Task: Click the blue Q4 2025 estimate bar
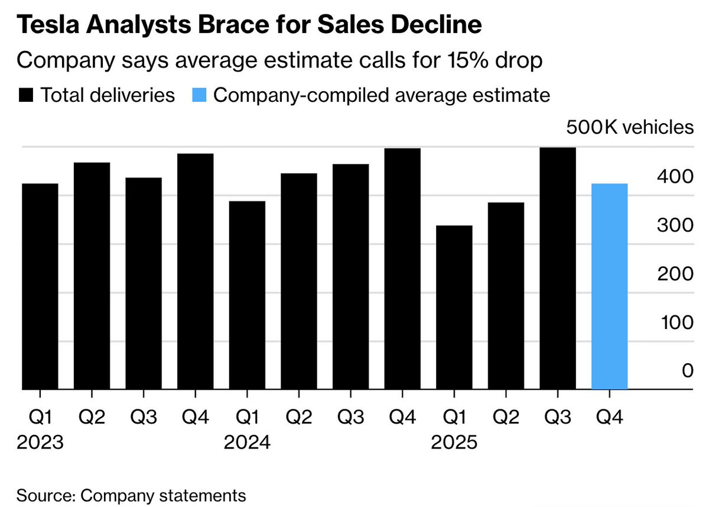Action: (609, 286)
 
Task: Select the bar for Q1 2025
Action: (454, 308)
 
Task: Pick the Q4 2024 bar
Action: (402, 269)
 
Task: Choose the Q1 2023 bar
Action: (40, 286)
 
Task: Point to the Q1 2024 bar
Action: (247, 295)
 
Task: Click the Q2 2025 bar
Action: (506, 296)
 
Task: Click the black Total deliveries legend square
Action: (27, 95)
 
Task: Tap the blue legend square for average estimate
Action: (200, 95)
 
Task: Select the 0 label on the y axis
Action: (687, 371)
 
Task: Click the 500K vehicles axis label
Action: (630, 127)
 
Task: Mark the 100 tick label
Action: (673, 323)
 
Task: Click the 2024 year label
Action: (247, 443)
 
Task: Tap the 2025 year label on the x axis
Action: (454, 443)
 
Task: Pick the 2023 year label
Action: (40, 443)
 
